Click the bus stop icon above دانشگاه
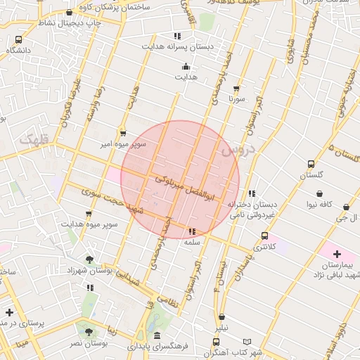coord(18,40)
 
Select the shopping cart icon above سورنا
coord(236,89)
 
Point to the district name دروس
coord(234,149)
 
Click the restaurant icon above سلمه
coord(192,231)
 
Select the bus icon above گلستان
coord(311,164)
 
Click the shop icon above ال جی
coord(347,207)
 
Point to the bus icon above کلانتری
coord(264,236)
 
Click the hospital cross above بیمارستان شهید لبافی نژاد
coord(337,253)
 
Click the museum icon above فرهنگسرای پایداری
coord(157,335)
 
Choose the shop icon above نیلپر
coord(222,318)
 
